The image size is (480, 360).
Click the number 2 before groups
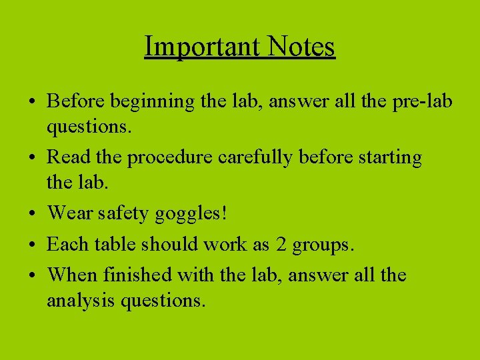click(281, 244)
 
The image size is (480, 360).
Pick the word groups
click(323, 245)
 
